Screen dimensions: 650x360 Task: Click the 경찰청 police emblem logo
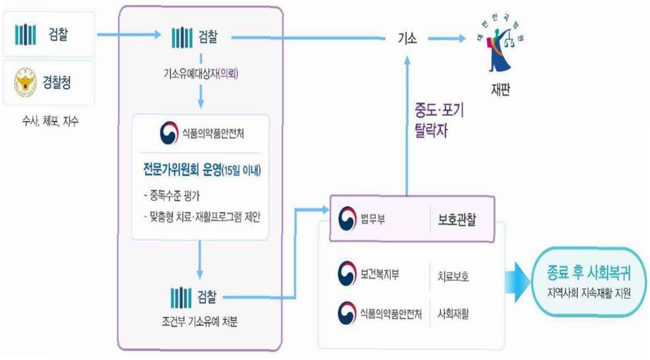coord(26,83)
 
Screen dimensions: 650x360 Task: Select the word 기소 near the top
coord(408,38)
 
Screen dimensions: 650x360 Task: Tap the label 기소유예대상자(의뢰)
coord(200,75)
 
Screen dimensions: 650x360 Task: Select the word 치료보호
coord(453,276)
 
